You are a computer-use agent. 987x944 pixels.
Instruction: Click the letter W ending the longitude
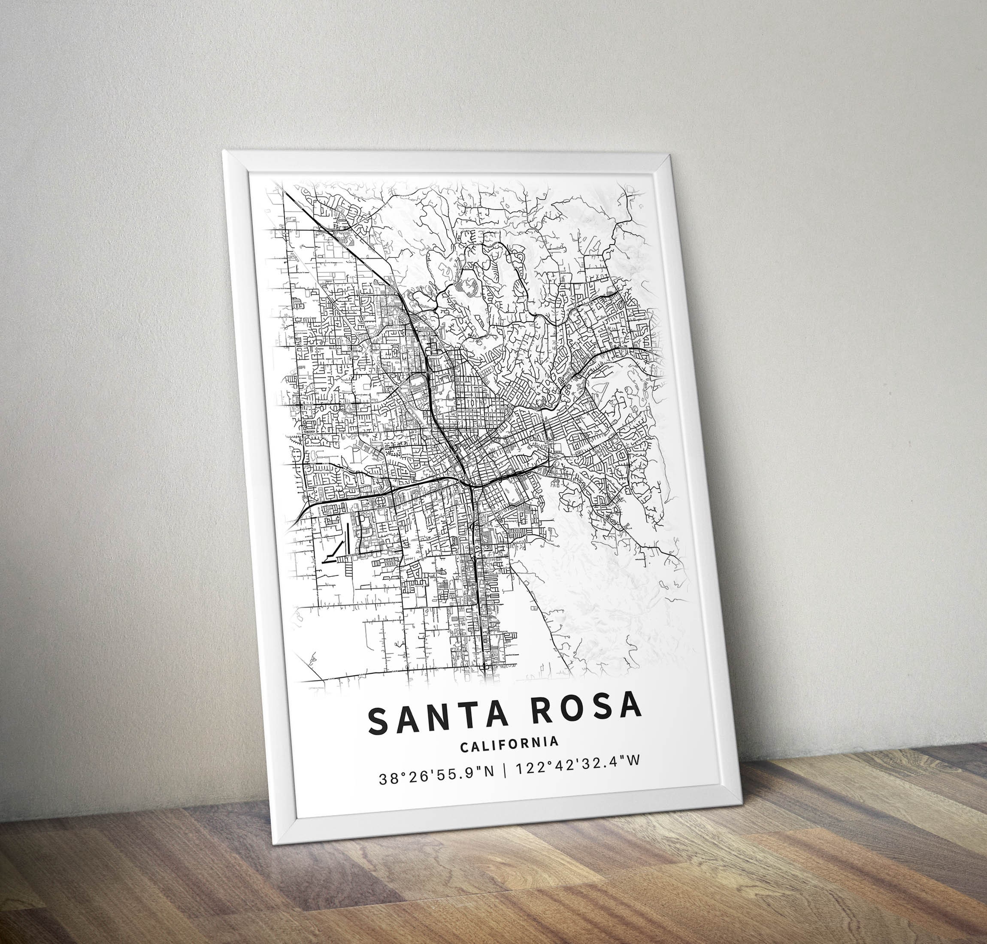click(635, 775)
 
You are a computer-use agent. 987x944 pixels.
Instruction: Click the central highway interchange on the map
click(471, 486)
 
